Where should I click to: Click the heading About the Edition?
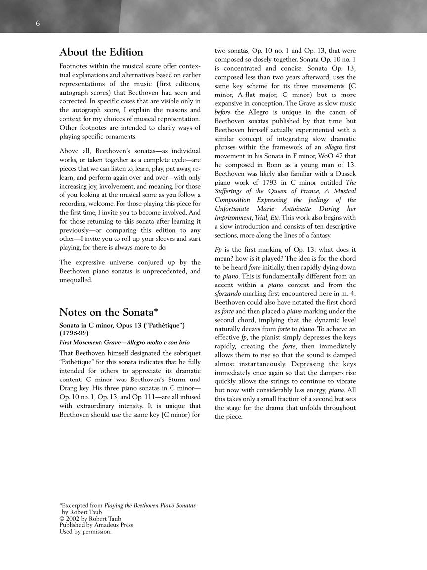(x=101, y=52)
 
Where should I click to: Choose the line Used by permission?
(x=85, y=532)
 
